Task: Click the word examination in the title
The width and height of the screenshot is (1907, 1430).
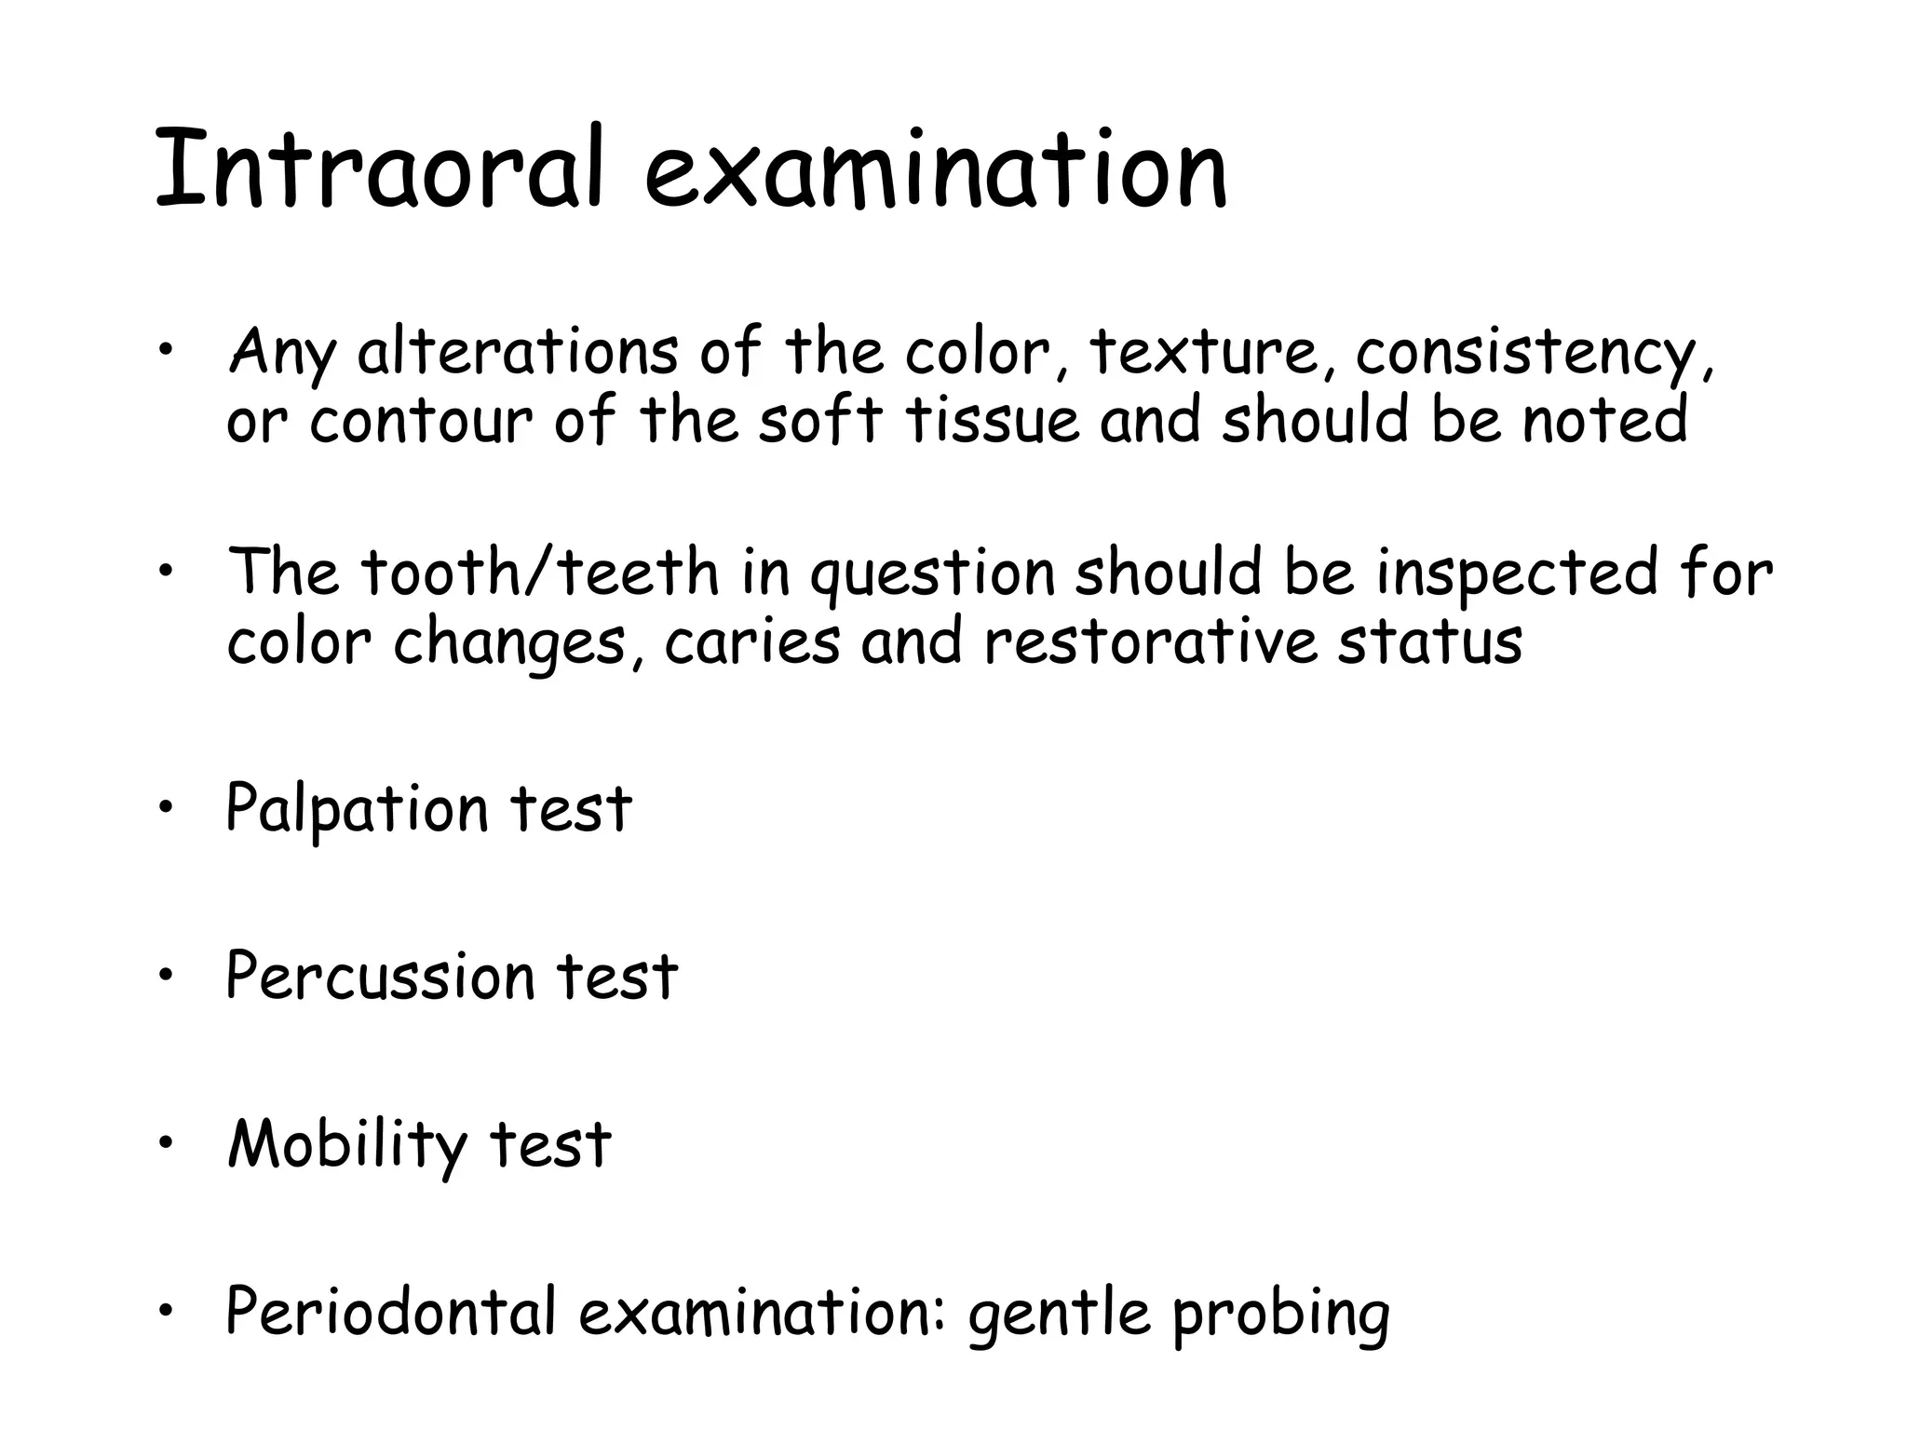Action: point(936,169)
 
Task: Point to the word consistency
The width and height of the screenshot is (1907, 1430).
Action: point(1527,354)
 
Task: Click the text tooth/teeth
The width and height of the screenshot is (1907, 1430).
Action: point(541,572)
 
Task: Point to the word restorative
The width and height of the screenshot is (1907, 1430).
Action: point(1151,642)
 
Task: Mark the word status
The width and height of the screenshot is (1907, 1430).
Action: point(1430,642)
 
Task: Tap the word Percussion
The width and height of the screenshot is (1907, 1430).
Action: point(380,977)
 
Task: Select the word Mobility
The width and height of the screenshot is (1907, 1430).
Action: point(347,1145)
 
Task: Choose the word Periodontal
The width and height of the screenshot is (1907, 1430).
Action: point(390,1312)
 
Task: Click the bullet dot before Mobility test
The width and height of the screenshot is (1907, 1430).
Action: point(166,1143)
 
